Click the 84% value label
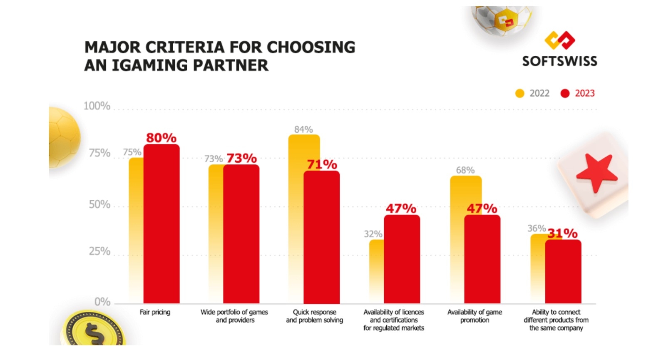303,129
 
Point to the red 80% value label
161,138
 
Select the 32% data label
373,234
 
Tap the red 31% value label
562,233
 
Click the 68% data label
465,170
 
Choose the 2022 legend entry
532,93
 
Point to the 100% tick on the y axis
97,106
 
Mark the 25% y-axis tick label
99,251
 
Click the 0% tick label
102,302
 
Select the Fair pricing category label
155,312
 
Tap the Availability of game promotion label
475,316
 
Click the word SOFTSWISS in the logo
559,62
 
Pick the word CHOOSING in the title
311,47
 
